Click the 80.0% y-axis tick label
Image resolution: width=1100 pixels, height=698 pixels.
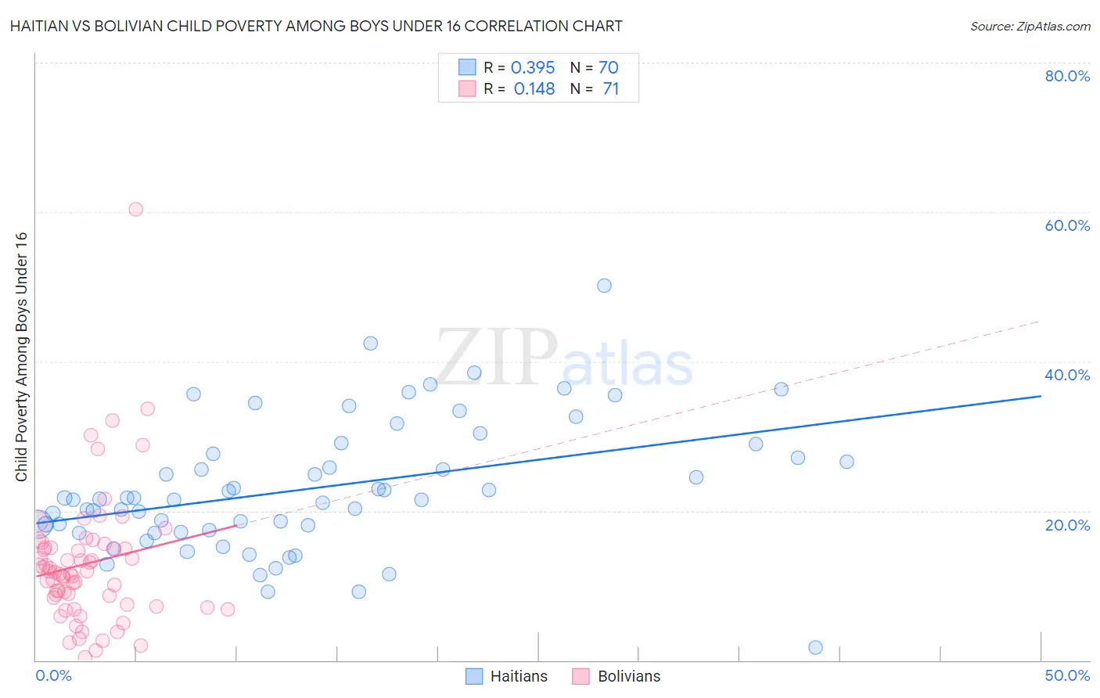click(x=1067, y=76)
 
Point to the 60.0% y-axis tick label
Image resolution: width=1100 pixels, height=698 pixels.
click(x=1067, y=225)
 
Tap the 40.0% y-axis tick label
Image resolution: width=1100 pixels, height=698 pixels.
click(x=1067, y=375)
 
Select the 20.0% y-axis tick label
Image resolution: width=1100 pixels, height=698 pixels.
click(x=1067, y=525)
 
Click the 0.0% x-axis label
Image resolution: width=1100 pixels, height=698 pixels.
click(x=53, y=675)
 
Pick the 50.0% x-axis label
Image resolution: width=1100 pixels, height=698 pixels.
click(x=1067, y=675)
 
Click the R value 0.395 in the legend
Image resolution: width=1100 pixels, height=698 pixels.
click(x=533, y=68)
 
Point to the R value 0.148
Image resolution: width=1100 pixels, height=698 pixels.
click(x=534, y=89)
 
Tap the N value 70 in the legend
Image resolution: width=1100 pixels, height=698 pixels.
click(x=609, y=68)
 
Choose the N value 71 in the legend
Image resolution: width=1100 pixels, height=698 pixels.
click(x=610, y=89)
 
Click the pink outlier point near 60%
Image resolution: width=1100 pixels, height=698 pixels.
click(x=135, y=209)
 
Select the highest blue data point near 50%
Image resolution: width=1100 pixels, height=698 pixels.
click(x=604, y=286)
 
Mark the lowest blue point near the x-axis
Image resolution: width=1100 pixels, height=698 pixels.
click(x=815, y=647)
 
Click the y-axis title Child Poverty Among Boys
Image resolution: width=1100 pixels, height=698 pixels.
click(x=22, y=357)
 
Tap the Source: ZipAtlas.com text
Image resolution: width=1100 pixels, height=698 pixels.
click(x=1030, y=27)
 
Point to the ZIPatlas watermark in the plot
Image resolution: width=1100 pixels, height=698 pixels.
click(x=564, y=358)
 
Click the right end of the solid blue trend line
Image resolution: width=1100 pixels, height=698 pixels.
click(x=1040, y=396)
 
